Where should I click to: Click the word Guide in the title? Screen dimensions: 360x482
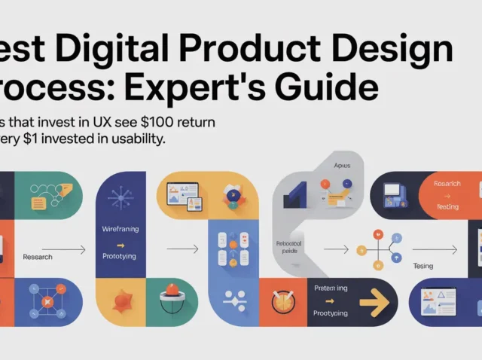pyautogui.click(x=332, y=88)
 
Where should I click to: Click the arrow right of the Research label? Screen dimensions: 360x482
pyautogui.click(x=65, y=249)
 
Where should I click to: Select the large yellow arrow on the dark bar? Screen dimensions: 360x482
pyautogui.click(x=374, y=303)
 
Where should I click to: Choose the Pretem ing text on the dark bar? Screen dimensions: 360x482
pyautogui.click(x=331, y=288)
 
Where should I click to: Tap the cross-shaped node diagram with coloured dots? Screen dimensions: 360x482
pyautogui.click(x=378, y=246)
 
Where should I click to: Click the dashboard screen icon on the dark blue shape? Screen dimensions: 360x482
pyautogui.click(x=443, y=303)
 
